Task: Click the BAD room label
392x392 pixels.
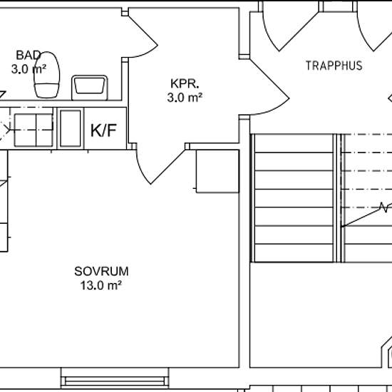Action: [29, 56]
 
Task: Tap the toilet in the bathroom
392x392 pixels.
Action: [47, 75]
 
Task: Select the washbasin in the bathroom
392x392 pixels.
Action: [90, 88]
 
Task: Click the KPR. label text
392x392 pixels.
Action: [185, 83]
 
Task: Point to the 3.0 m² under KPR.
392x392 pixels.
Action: [185, 98]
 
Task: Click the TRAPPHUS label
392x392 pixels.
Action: [334, 66]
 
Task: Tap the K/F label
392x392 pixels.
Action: [103, 130]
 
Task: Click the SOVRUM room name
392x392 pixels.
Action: [101, 272]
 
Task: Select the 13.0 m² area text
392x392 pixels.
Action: [101, 285]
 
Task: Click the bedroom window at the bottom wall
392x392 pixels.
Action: [115, 378]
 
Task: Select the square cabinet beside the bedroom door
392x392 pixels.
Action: [217, 171]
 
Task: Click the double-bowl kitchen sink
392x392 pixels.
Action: [33, 130]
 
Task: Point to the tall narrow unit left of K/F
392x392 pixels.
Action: [71, 128]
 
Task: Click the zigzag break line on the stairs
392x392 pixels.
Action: [384, 207]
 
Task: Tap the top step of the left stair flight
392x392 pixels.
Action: [294, 143]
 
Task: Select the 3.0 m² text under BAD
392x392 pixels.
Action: [29, 69]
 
